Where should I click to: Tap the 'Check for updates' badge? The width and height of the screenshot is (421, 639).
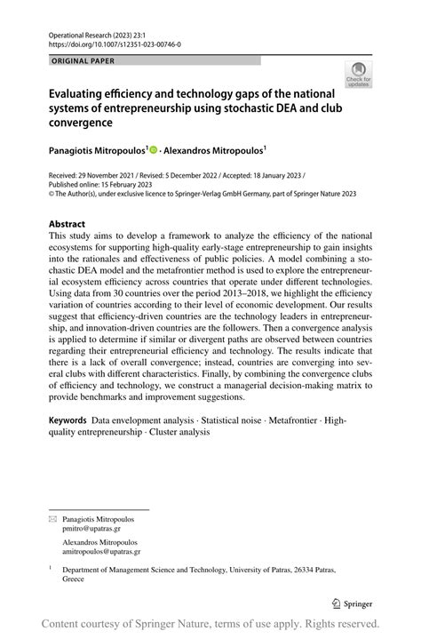(358, 75)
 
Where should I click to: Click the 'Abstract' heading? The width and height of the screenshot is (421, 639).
(68, 224)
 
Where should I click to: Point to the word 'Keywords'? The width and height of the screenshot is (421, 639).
(68, 419)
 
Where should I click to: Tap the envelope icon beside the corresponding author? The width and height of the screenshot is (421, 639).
(52, 517)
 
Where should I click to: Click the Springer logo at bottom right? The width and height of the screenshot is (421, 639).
(352, 603)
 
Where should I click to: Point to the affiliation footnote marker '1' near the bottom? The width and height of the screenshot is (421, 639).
(52, 566)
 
